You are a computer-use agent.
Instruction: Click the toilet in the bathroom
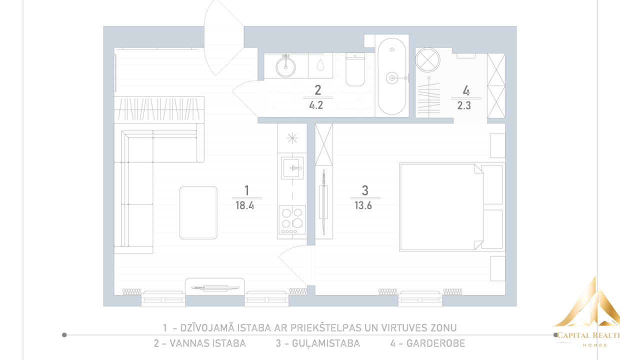355,69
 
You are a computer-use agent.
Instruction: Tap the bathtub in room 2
392,76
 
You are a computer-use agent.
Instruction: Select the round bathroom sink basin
285,67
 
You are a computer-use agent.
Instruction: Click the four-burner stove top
292,219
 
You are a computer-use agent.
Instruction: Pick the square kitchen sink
292,168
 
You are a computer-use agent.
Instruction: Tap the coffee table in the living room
198,212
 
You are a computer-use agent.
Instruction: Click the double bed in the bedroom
451,207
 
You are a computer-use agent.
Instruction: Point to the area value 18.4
244,205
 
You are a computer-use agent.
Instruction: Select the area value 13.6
363,205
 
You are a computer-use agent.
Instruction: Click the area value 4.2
316,105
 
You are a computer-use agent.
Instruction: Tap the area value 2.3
464,105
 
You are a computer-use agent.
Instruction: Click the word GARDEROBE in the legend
435,343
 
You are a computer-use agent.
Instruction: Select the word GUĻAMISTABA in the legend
326,343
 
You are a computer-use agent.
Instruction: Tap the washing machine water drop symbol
320,65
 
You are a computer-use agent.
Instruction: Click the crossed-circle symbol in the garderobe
427,60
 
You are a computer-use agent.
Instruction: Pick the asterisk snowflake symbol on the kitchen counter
292,138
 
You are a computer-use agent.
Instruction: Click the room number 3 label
365,190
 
